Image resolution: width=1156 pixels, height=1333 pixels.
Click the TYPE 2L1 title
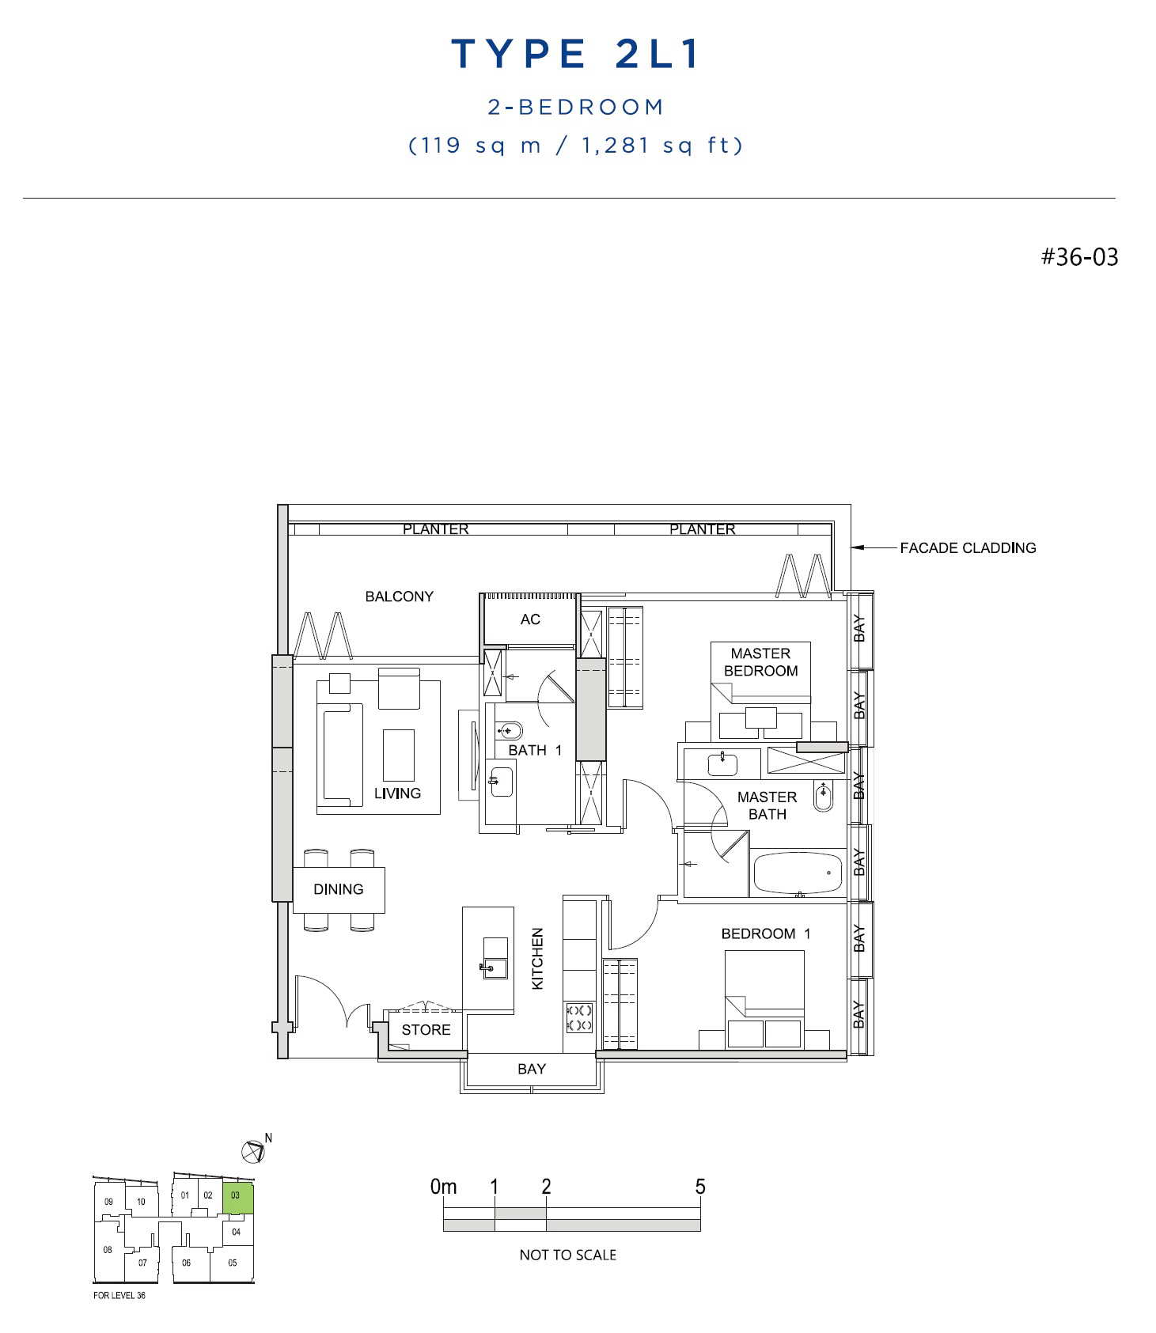pyautogui.click(x=575, y=54)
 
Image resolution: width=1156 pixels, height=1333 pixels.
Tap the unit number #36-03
pyautogui.click(x=1079, y=257)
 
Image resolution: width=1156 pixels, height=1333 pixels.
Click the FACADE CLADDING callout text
pyautogui.click(x=968, y=547)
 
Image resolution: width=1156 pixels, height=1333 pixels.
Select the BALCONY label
pyautogui.click(x=399, y=596)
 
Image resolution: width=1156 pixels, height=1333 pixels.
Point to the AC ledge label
pyautogui.click(x=530, y=619)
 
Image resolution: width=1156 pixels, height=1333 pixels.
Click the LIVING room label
pyautogui.click(x=397, y=793)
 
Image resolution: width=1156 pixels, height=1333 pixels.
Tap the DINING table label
pyautogui.click(x=339, y=889)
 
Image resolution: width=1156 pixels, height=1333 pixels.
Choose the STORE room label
pyautogui.click(x=426, y=1030)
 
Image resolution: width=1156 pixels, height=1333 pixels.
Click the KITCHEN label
pyautogui.click(x=538, y=959)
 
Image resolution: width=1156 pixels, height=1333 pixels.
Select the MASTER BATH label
pyautogui.click(x=767, y=805)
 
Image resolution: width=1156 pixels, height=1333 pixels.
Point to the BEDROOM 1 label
pyautogui.click(x=766, y=933)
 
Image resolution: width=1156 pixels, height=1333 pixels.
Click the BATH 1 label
pyautogui.click(x=535, y=750)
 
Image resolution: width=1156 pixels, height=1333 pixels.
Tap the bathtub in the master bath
pyautogui.click(x=798, y=873)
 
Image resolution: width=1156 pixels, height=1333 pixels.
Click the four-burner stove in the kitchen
pyautogui.click(x=579, y=1017)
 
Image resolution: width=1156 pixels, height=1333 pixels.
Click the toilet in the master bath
pyautogui.click(x=823, y=796)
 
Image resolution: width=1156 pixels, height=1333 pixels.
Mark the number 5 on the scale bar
pyautogui.click(x=699, y=1187)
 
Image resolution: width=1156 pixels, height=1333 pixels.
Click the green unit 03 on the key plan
pyautogui.click(x=237, y=1199)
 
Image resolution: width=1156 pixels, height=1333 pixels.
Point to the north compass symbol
pyautogui.click(x=253, y=1152)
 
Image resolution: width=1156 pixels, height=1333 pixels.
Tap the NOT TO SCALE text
pyautogui.click(x=567, y=1255)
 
